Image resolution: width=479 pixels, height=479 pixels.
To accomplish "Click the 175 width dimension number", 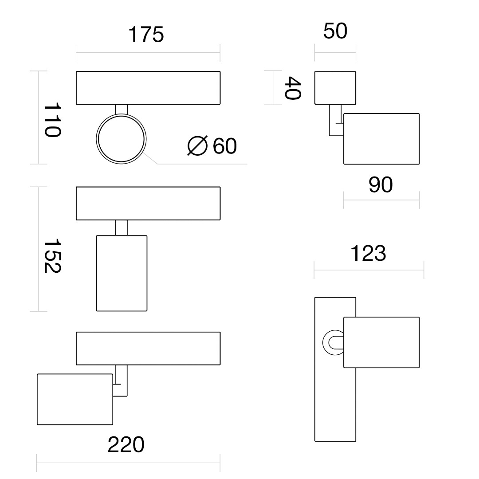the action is click(146, 34).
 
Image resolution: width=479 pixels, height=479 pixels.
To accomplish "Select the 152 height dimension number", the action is click(53, 256).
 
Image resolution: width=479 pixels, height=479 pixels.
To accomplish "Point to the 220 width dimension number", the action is click(126, 444).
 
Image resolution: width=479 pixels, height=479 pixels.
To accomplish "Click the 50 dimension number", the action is click(335, 31).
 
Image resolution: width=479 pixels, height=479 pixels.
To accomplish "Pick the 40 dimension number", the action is click(293, 88).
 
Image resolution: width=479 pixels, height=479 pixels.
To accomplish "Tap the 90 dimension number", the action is click(381, 185).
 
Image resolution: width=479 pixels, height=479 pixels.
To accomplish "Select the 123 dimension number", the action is click(368, 253).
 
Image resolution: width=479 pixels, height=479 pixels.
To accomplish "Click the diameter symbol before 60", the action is click(197, 145).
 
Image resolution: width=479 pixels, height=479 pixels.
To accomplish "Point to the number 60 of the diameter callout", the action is click(224, 146).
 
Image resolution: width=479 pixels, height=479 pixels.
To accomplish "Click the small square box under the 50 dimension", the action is click(335, 88).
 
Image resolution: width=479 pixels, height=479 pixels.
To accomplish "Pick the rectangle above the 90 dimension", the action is click(381, 139).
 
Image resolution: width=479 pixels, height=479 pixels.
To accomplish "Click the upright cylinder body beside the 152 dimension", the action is click(122, 273).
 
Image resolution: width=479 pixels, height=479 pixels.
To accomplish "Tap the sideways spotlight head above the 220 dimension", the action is click(75, 399).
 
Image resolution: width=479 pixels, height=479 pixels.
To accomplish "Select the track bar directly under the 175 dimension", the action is click(148, 88).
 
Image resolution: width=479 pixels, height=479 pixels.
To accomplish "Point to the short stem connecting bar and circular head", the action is click(121, 110).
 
